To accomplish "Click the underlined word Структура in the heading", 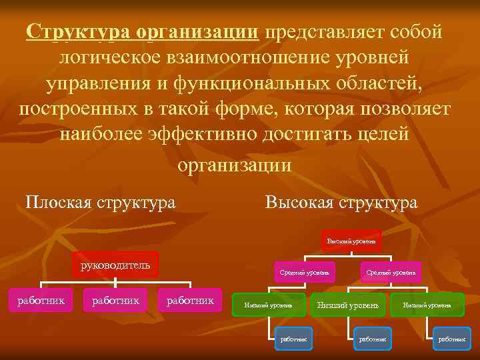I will (x=78, y=32).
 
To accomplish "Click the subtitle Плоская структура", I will (x=100, y=201).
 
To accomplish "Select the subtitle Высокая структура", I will (x=341, y=201).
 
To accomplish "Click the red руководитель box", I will (x=115, y=265).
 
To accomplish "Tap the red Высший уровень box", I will (x=351, y=240).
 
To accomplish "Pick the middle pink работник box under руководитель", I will (x=115, y=301).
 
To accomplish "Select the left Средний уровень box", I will (x=303, y=272).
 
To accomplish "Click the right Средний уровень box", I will (x=391, y=272).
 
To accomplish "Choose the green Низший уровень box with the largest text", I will (x=347, y=305).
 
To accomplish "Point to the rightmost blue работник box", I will (x=451, y=339).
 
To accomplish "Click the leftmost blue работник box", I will (x=294, y=339).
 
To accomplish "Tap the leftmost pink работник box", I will (x=41, y=301).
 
